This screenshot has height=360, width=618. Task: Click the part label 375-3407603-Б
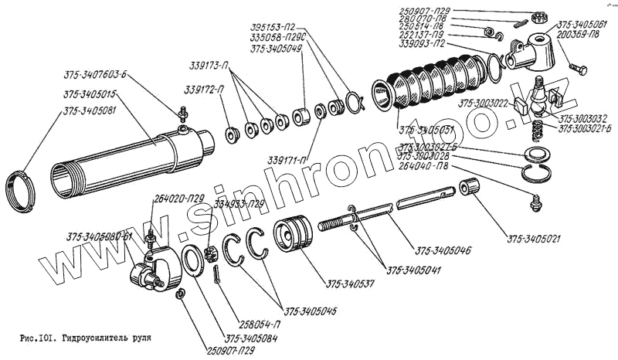96,75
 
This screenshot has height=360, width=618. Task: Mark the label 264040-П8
424,165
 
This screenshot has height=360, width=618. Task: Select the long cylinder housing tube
131,158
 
